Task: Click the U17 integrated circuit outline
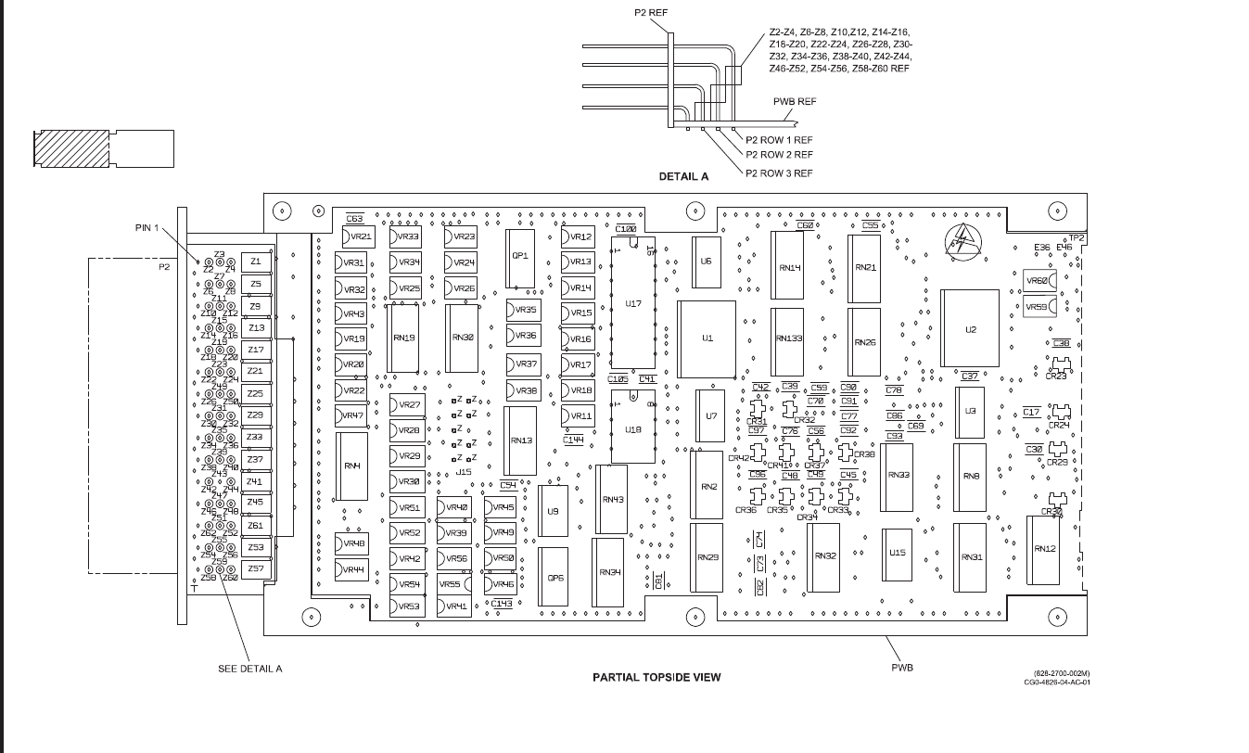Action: point(633,303)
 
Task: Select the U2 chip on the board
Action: point(970,329)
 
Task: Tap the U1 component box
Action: point(707,338)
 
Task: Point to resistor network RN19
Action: point(403,338)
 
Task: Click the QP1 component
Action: point(519,256)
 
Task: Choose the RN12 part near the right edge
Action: point(1044,549)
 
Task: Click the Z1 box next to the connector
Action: point(255,262)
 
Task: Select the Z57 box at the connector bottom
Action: point(255,568)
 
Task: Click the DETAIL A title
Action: point(683,176)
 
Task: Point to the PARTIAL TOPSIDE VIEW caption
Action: point(656,677)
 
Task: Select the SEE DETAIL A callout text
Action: point(249,669)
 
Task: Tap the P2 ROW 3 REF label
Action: point(779,173)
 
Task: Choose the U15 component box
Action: point(897,553)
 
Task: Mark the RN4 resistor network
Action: point(351,466)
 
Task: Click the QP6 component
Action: point(554,578)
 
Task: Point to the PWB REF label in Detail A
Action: point(794,102)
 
